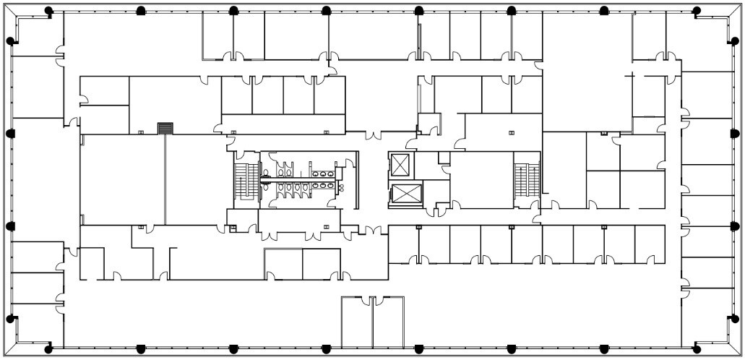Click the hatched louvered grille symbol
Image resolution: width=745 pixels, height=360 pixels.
pyautogui.click(x=166, y=128)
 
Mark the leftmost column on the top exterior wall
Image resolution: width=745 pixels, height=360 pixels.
pyautogui.click(x=48, y=10)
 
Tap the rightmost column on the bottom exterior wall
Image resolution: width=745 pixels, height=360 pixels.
pyautogui.click(x=697, y=349)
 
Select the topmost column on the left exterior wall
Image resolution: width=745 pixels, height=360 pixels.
pyautogui.click(x=10, y=41)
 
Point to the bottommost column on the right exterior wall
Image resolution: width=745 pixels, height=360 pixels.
pyautogui.click(x=735, y=318)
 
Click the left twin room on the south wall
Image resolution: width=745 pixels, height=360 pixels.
pyautogui.click(x=356, y=322)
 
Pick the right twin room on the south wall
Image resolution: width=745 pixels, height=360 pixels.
pyautogui.click(x=389, y=322)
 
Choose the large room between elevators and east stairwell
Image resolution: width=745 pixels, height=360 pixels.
pyautogui.click(x=481, y=180)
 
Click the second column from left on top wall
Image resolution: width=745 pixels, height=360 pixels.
pyautogui.click(x=141, y=10)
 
